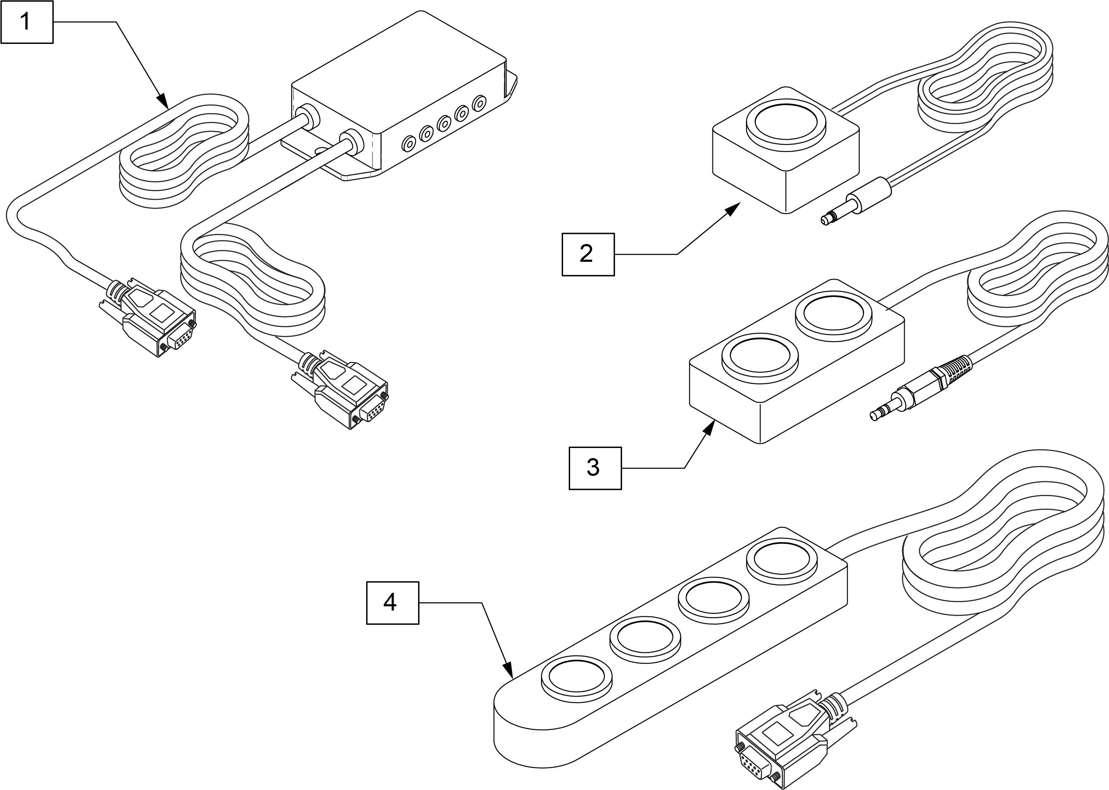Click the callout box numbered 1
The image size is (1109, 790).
tap(26, 22)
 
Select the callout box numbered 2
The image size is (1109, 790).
tap(587, 255)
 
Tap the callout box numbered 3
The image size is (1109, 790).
tap(595, 467)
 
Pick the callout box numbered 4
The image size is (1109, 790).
tap(392, 603)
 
